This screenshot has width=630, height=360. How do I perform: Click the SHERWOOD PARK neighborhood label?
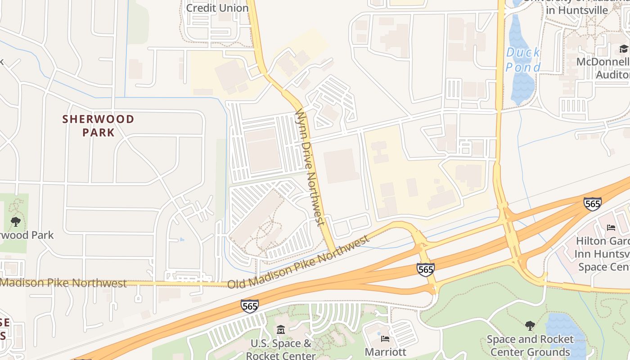[98, 126]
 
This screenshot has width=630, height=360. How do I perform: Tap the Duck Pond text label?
[523, 59]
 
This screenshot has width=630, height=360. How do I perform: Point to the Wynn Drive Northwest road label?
[309, 166]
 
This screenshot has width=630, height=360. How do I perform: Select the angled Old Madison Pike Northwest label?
[298, 264]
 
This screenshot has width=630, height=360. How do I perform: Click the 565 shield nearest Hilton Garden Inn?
[592, 204]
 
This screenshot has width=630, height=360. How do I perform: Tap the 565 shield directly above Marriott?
[425, 270]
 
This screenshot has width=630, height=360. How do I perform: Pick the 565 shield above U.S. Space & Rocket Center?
[249, 306]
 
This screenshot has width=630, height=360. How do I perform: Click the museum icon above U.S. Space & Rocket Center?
[281, 330]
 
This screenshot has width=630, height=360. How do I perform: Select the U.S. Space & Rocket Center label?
[281, 349]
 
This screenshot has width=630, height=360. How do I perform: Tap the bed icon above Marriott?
[385, 338]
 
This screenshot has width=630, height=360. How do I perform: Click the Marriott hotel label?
[385, 351]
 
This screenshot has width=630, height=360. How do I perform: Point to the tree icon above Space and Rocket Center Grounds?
[530, 325]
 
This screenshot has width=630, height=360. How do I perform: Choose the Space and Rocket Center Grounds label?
[530, 345]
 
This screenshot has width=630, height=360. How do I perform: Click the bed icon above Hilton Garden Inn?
[611, 227]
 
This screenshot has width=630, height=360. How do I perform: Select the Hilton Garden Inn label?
[603, 254]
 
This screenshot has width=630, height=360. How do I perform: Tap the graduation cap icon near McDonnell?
[624, 49]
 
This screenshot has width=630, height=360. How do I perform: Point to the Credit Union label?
[217, 8]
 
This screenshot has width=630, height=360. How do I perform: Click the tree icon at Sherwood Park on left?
[16, 221]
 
